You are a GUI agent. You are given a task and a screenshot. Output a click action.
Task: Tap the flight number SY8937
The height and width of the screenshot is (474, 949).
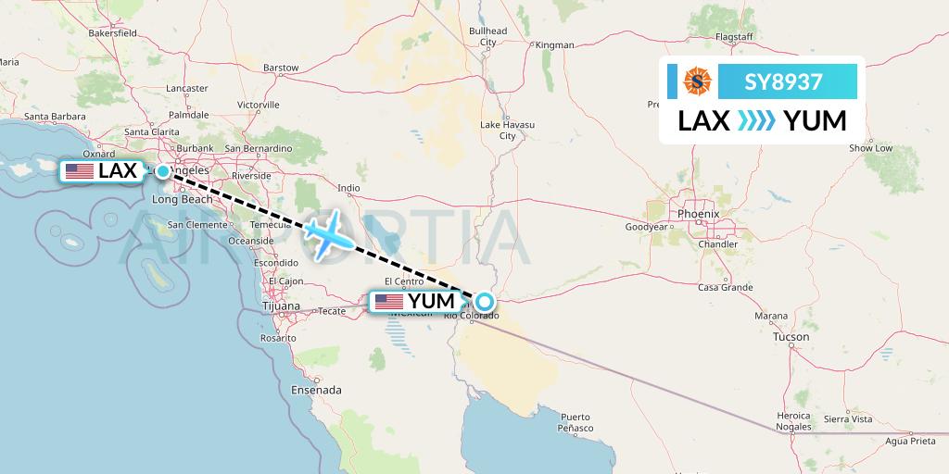[783, 82]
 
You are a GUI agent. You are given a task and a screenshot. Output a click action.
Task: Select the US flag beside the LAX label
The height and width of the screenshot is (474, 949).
[79, 171]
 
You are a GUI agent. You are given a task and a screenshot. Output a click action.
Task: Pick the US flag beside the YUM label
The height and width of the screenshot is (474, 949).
[388, 302]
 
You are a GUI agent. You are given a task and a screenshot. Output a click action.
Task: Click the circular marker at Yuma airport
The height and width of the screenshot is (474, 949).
[485, 301]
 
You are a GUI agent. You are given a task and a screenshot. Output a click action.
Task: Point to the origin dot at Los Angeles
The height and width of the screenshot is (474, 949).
[162, 171]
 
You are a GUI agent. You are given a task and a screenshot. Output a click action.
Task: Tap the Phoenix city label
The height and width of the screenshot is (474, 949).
[698, 214]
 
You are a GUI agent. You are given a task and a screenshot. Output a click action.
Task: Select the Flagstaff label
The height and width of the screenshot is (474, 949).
[733, 37]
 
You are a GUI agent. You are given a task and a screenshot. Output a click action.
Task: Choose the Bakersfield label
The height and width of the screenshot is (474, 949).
[112, 33]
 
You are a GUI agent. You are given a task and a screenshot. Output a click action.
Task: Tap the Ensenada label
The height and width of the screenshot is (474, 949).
[315, 390]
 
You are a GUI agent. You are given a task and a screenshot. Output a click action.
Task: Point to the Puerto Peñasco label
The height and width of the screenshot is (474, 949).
[575, 422]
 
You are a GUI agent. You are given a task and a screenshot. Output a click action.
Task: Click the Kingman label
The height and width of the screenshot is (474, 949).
[554, 44]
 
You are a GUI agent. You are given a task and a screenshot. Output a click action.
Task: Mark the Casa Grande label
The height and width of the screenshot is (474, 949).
[725, 288]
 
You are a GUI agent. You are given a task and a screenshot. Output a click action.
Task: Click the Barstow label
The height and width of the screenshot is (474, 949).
[281, 68]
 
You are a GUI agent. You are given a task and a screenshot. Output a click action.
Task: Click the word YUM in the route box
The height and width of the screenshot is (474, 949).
[815, 121]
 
